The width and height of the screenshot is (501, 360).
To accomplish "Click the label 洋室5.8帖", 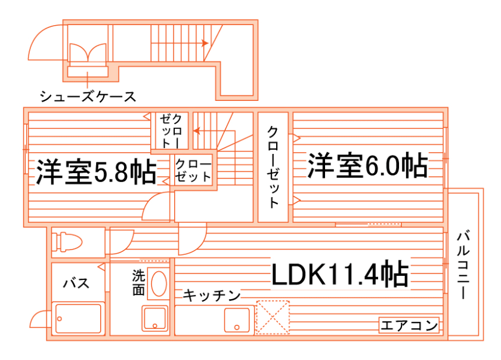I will [95, 172].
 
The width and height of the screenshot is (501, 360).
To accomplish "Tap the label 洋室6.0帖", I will [367, 165].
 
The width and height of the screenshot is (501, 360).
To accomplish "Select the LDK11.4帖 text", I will [340, 274].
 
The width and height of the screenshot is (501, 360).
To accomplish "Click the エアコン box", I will [409, 326].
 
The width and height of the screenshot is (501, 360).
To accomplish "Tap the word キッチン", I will [212, 295].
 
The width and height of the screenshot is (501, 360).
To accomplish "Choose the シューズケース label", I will [88, 96].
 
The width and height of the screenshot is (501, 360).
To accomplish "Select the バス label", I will [77, 282].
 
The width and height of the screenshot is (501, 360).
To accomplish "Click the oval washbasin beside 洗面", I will [158, 284].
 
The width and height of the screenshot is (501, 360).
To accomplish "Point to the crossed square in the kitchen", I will [272, 316].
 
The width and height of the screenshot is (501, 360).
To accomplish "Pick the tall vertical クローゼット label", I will [273, 167].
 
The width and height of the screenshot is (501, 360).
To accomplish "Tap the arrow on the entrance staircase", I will [204, 43].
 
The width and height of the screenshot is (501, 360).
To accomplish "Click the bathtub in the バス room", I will [78, 319].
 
